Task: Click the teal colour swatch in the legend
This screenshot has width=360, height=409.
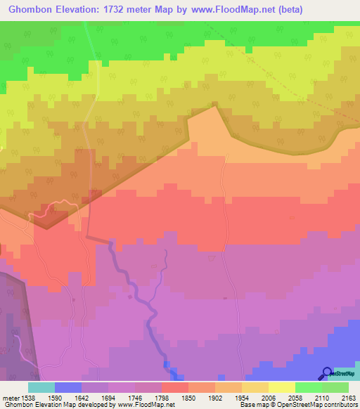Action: (x=41, y=387)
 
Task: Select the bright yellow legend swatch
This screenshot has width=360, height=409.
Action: (x=281, y=387)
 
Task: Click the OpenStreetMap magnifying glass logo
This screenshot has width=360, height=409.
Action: (x=327, y=373)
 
